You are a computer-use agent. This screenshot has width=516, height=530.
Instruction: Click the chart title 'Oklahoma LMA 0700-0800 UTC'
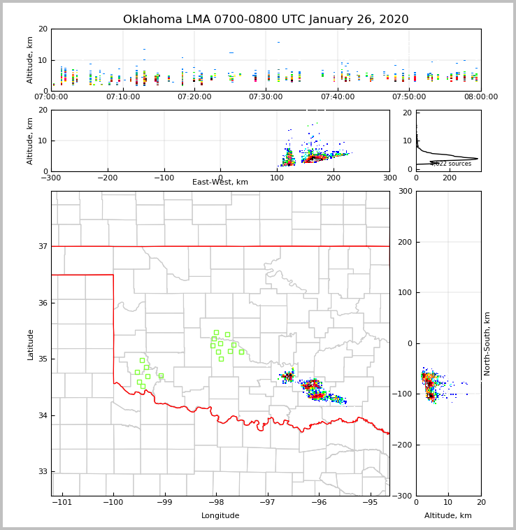point(266,20)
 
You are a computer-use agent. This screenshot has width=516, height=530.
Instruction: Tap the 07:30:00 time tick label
point(266,97)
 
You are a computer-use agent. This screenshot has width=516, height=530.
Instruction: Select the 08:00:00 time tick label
point(481,97)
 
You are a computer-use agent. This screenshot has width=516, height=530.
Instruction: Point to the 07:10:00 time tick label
point(123,97)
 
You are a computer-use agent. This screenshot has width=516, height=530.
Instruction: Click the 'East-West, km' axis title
point(220,182)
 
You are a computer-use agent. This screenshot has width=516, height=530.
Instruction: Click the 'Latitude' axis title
point(31,344)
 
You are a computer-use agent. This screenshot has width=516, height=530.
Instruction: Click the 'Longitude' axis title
point(220,516)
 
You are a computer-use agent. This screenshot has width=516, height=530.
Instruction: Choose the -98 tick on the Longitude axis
point(216,502)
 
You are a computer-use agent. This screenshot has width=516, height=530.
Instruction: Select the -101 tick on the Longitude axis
point(62,502)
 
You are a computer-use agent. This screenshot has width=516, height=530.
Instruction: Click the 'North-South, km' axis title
point(487,344)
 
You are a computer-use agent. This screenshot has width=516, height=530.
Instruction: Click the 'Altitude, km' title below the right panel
point(448,516)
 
